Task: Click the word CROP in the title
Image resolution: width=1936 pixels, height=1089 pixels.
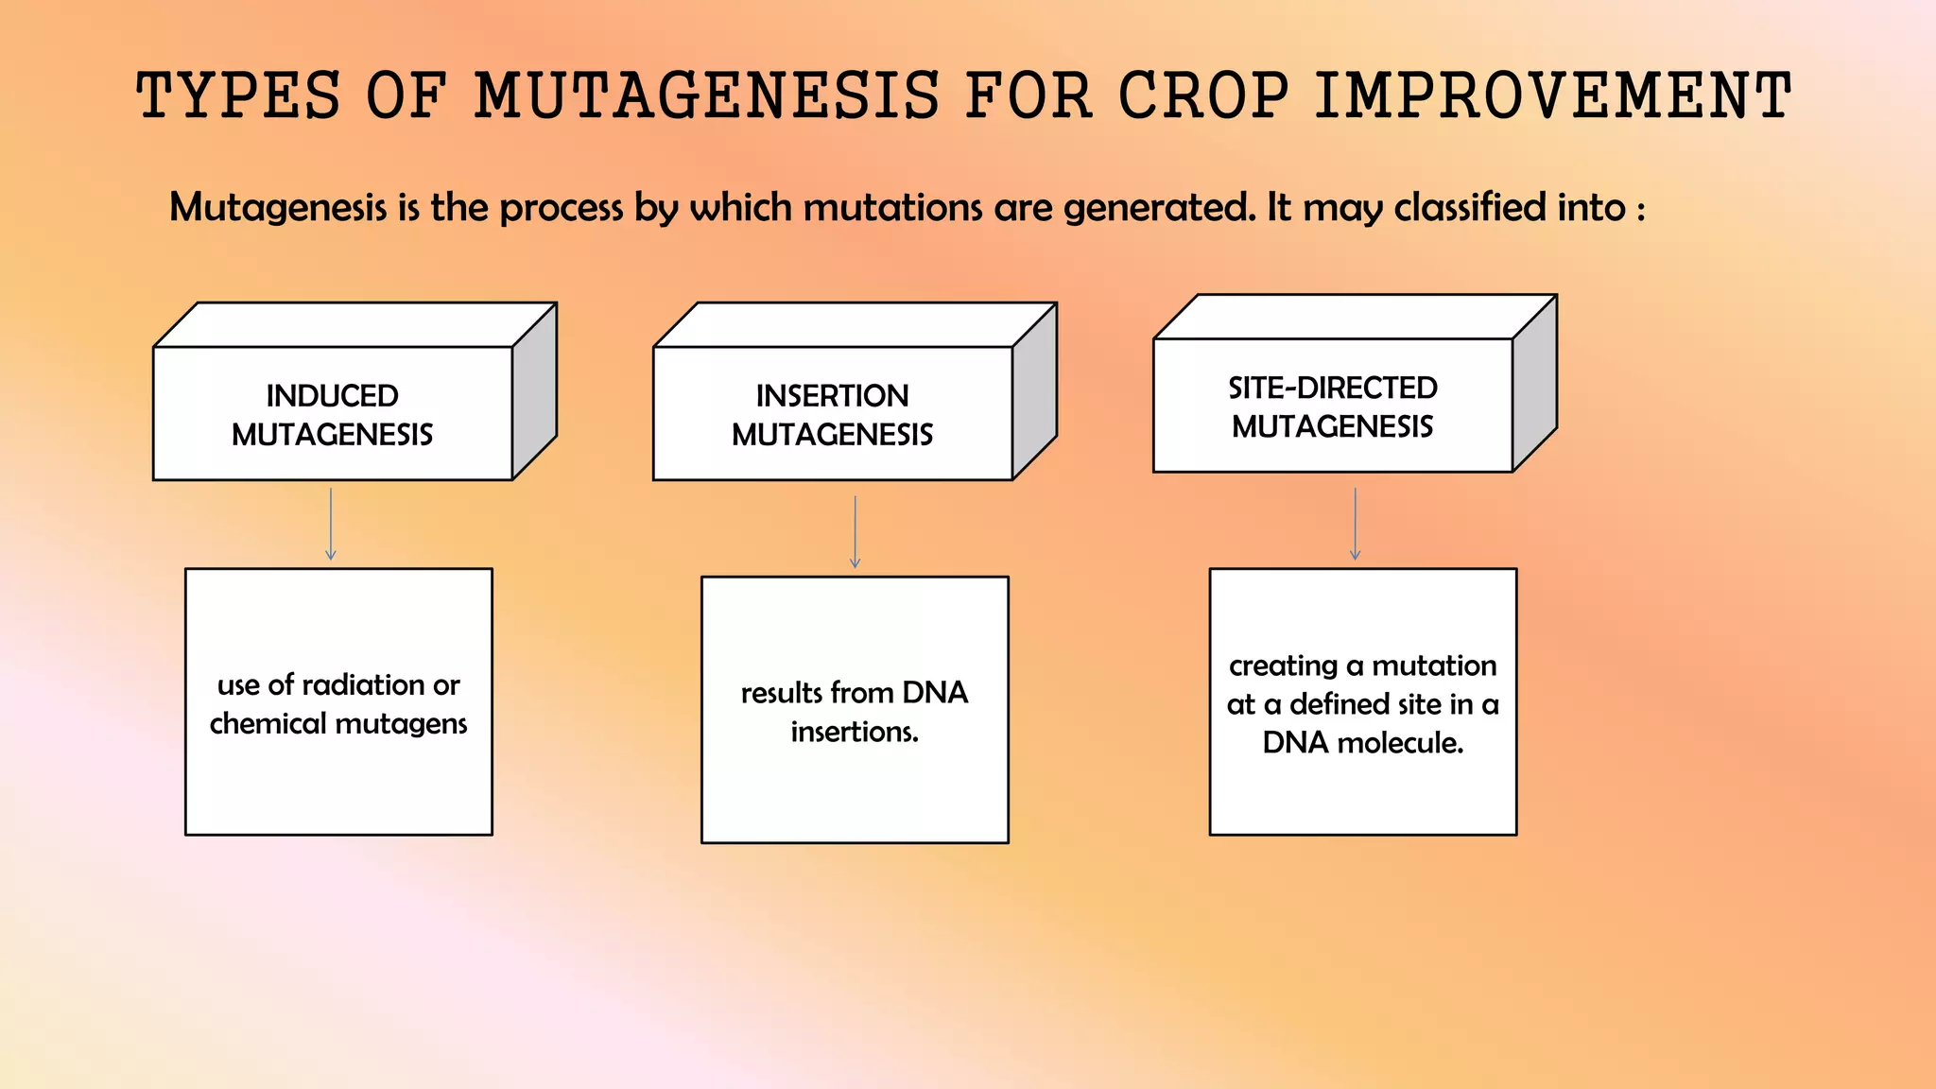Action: [x=1203, y=96]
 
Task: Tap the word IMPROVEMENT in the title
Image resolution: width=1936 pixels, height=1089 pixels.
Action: [x=1552, y=96]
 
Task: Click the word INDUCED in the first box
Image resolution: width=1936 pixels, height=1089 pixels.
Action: [x=332, y=395]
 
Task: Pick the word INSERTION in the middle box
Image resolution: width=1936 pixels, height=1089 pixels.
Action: [x=832, y=395]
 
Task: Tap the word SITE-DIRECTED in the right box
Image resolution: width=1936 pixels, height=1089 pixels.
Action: [x=1332, y=388]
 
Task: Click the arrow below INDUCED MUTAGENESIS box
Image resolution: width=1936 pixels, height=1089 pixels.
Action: [x=330, y=525]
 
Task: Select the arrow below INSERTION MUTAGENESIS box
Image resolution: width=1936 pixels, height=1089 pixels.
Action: [x=855, y=532]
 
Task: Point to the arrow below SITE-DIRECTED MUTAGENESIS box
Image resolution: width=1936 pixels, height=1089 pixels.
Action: [x=1355, y=525]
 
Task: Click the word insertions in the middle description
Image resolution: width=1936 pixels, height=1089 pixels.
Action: [x=854, y=732]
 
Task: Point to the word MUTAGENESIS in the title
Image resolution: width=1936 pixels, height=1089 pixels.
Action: [x=707, y=96]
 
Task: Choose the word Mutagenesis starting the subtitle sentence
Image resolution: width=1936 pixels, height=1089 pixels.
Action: [x=278, y=208]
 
